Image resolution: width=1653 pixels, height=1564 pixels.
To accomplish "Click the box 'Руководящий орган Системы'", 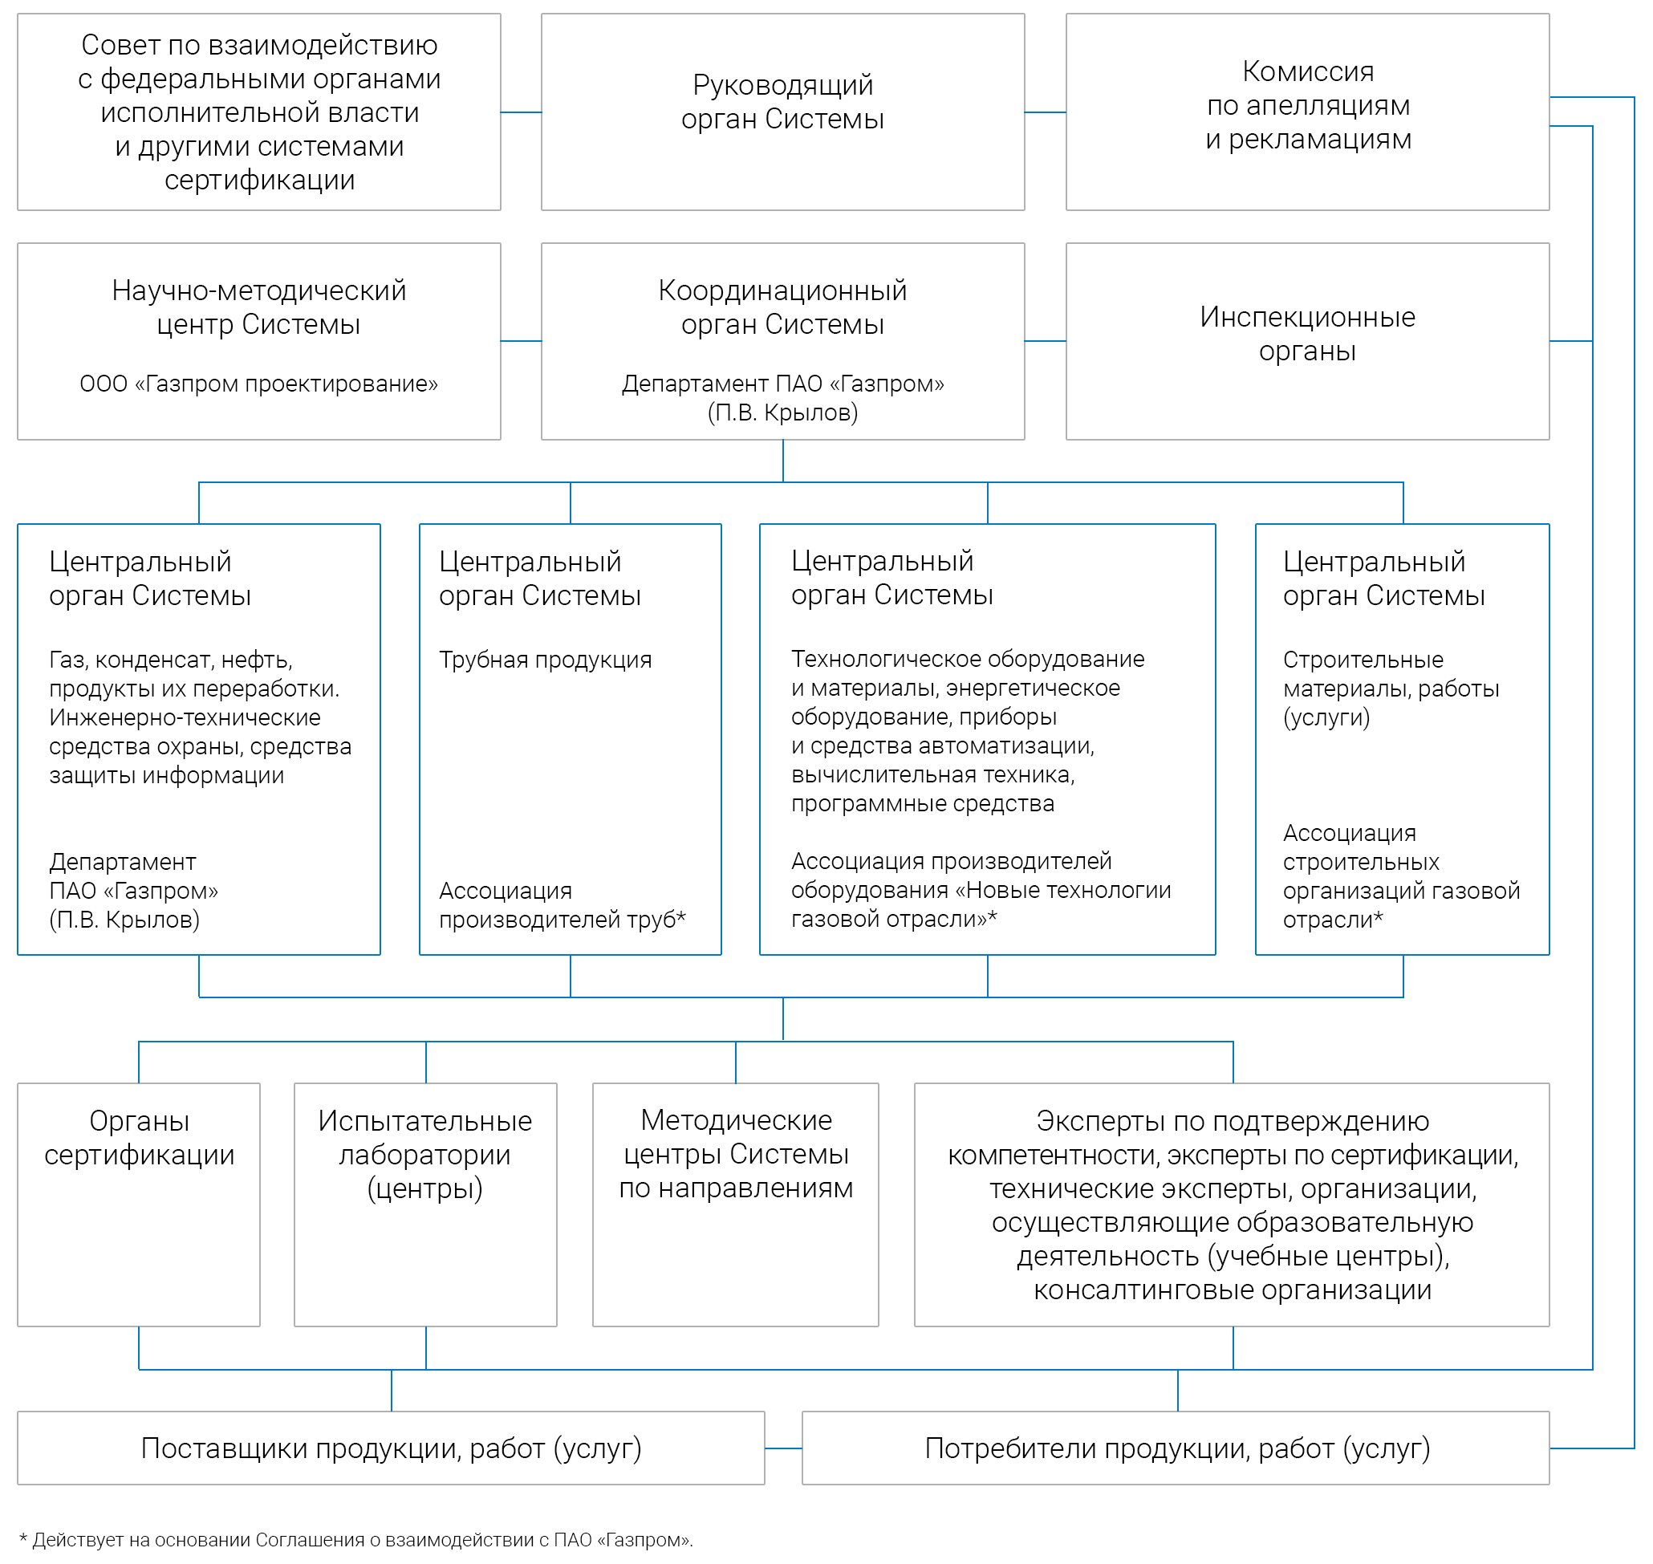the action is pos(782,112).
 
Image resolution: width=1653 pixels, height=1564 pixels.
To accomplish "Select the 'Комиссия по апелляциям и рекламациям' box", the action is pos(1307,112).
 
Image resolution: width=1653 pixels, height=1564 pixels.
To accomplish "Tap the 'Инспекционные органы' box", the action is pos(1307,341).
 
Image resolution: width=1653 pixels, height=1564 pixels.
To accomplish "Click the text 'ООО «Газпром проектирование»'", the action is pos(258,384).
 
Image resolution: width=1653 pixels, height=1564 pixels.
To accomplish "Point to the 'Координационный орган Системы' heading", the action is pos(782,307).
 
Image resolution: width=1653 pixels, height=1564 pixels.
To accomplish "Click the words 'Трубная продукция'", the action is pos(545,660).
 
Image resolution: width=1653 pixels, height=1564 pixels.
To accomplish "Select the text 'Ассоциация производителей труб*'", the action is pos(563,904).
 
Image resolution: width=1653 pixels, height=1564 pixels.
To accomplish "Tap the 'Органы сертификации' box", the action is pos(138,1204).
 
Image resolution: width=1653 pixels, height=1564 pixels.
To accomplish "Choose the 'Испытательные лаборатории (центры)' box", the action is pos(425,1204).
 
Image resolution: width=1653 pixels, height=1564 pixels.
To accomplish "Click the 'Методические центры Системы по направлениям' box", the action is pos(735,1204).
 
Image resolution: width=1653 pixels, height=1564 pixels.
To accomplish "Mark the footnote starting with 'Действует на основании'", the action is pos(356,1540).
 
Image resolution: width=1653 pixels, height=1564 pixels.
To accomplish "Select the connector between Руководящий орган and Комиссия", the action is pos(1046,112).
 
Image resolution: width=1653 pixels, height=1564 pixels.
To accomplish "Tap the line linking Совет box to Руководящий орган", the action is pos(521,112).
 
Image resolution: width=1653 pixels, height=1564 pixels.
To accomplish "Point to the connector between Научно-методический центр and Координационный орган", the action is pos(521,341).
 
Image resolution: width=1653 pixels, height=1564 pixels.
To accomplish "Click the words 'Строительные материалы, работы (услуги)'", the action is pos(1391,689).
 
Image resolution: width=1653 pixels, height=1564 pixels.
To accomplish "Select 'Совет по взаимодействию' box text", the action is pos(259,112).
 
